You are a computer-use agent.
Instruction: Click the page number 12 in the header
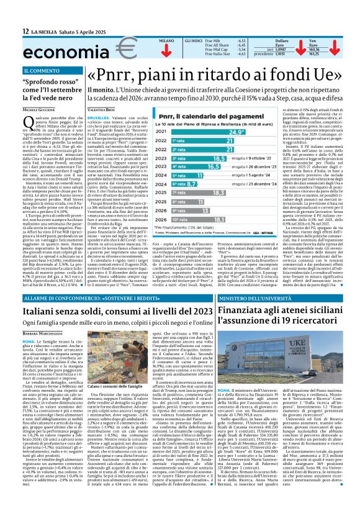click(25, 30)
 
